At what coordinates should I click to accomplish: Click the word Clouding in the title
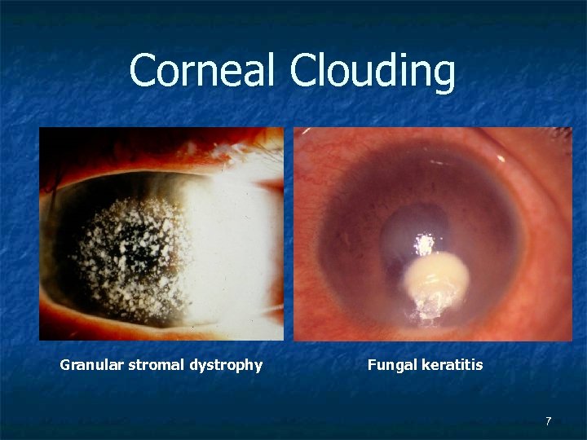[372, 72]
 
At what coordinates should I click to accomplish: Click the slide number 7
[548, 421]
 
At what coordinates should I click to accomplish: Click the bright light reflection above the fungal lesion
[424, 242]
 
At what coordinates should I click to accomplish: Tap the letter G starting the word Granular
[65, 365]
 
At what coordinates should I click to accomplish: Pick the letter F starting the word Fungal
[372, 365]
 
